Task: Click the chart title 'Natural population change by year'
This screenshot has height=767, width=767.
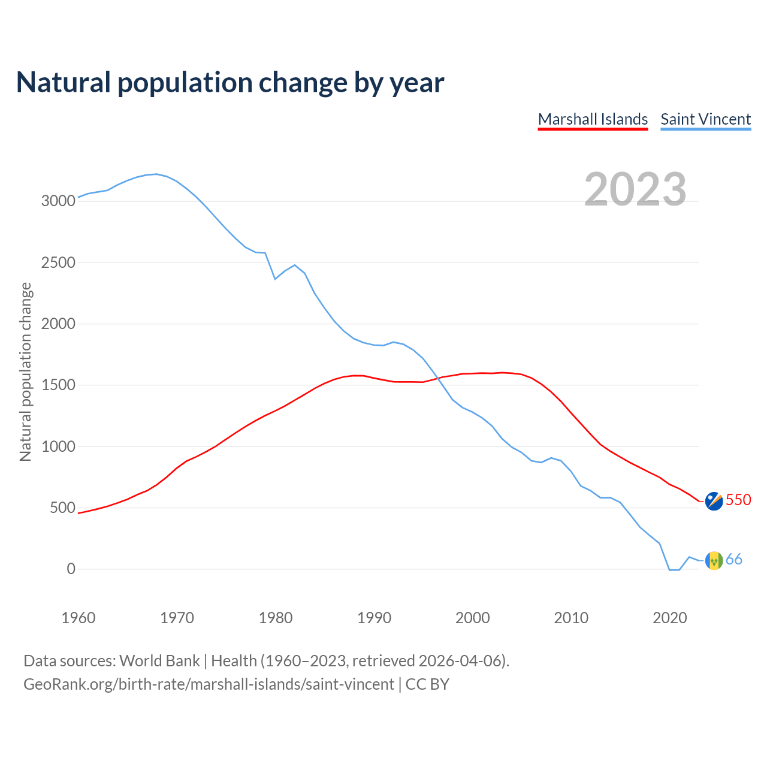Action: tap(230, 83)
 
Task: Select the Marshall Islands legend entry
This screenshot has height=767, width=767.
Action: tap(593, 119)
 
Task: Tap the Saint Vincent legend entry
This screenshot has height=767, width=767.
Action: tap(705, 119)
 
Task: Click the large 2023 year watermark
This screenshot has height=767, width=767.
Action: tap(635, 189)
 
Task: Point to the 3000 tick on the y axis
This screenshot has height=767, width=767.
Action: tap(58, 201)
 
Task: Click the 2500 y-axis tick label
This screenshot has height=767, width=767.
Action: tap(58, 262)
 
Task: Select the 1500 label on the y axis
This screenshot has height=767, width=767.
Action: tap(58, 385)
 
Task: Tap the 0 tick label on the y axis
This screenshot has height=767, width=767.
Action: tap(71, 569)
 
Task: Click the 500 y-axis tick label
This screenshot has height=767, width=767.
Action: tap(62, 508)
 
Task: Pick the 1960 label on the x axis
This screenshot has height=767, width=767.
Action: tap(78, 618)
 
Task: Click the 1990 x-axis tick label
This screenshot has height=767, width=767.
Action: tap(374, 618)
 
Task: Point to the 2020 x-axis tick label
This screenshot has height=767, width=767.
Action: tap(669, 618)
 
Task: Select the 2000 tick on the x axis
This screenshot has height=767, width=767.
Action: tap(472, 618)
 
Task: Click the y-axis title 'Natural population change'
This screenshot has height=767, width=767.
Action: tap(26, 372)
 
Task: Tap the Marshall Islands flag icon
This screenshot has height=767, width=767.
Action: tap(714, 501)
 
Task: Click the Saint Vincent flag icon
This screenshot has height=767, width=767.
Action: tap(714, 560)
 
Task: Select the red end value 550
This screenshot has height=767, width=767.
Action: tap(738, 500)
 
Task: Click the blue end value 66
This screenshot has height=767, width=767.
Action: tap(734, 560)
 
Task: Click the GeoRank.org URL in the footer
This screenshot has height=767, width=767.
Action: tap(209, 684)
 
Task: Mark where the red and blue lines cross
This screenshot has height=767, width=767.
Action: tap(439, 378)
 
